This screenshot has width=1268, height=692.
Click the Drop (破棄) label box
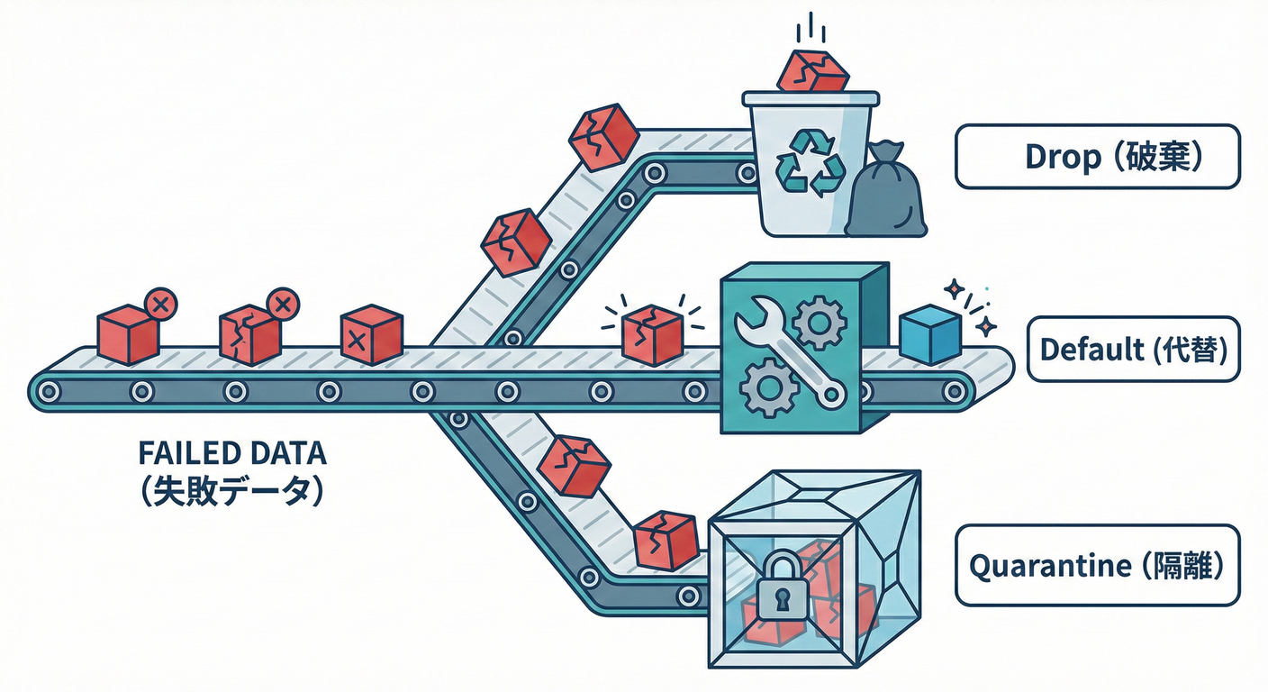[1097, 157]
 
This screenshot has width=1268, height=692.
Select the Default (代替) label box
[1133, 350]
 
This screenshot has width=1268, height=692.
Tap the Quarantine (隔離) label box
[1096, 566]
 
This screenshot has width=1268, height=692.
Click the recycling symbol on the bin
[811, 162]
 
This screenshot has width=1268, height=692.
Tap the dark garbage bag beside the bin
[886, 194]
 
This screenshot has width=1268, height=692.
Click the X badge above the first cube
[161, 304]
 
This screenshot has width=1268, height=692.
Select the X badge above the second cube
[283, 304]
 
